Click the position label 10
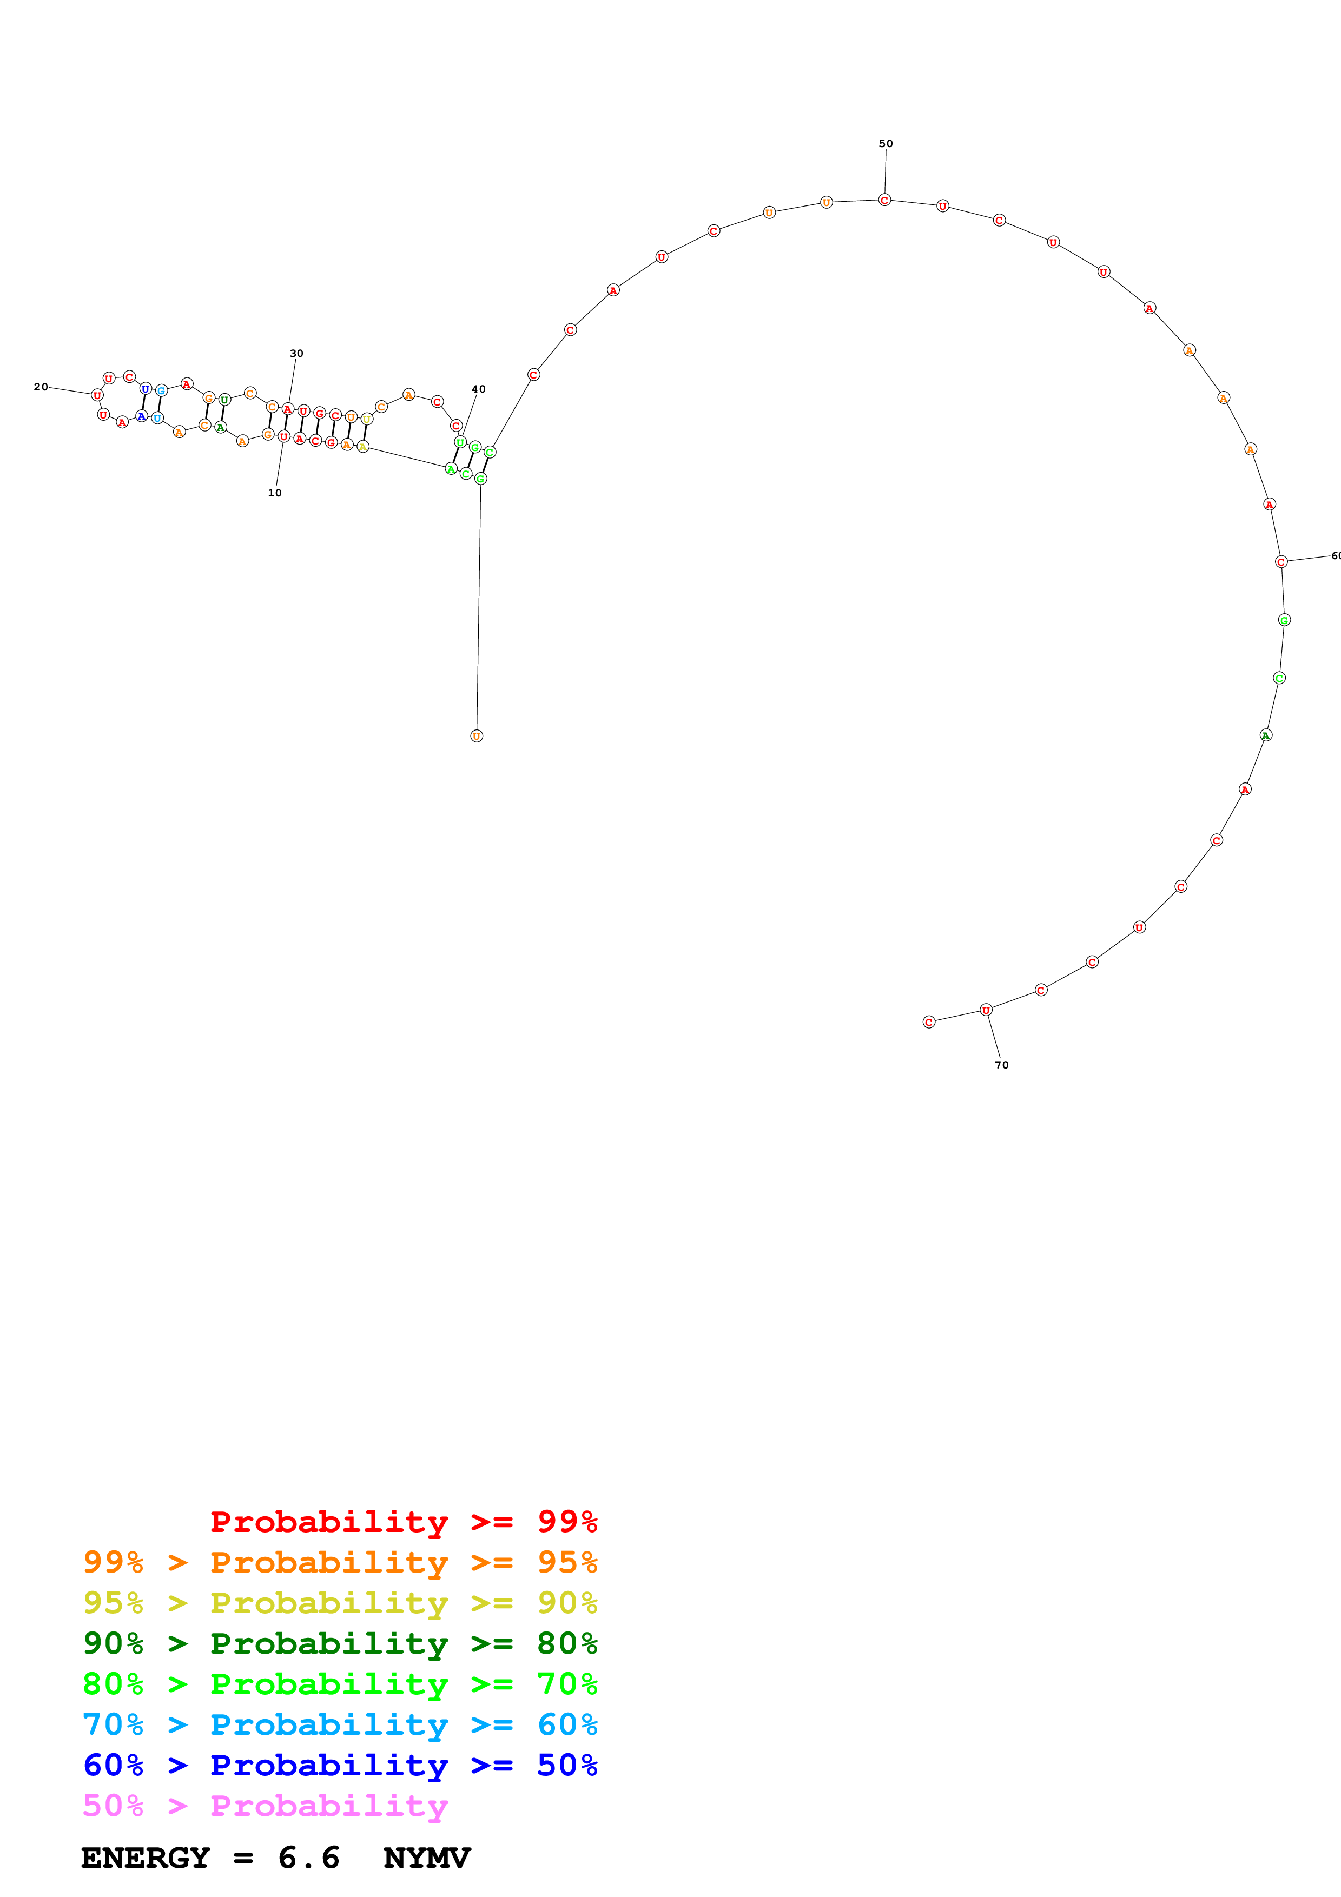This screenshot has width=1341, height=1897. click(274, 493)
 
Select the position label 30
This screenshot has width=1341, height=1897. click(296, 354)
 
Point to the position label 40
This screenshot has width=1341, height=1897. click(478, 389)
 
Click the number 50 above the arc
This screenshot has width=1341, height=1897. click(886, 144)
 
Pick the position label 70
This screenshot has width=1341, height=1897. click(1001, 1065)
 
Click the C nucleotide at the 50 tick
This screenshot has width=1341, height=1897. click(884, 200)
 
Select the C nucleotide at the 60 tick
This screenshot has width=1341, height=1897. click(1280, 562)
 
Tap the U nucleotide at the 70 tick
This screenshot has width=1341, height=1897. click(986, 1010)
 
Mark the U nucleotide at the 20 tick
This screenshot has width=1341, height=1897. click(97, 395)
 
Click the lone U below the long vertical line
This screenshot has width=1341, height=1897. click(477, 736)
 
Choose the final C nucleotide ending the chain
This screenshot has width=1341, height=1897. click(929, 1022)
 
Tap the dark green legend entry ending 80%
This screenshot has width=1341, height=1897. click(340, 1643)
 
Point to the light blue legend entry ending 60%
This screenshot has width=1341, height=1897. click(340, 1724)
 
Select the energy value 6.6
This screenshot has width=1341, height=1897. click(308, 1858)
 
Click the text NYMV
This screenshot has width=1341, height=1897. click(426, 1858)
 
